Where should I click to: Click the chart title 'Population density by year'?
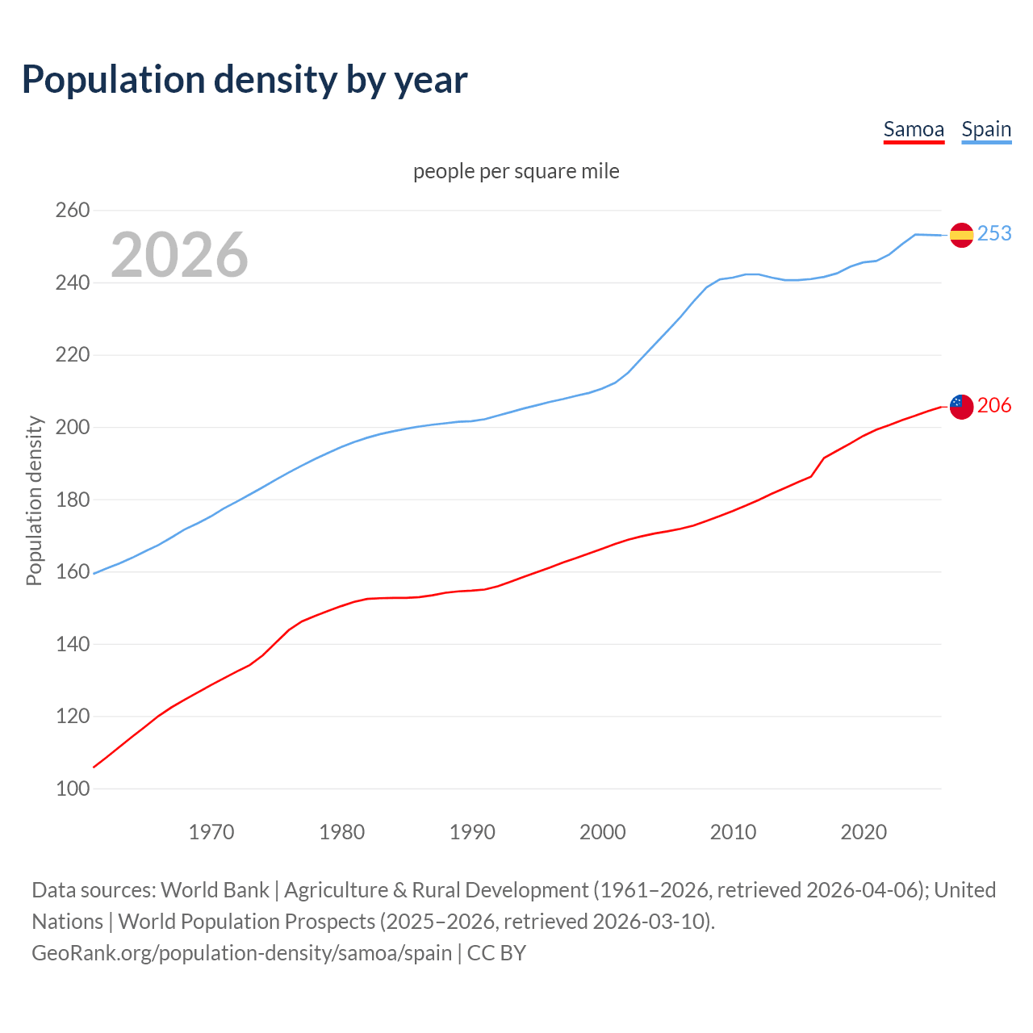click(x=245, y=79)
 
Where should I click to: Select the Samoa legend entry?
click(x=914, y=129)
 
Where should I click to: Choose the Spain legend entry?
click(x=986, y=129)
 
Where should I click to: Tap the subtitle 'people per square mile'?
click(x=516, y=171)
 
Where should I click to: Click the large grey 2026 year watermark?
click(x=179, y=255)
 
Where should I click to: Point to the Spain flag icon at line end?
click(x=961, y=235)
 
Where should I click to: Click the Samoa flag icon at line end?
click(x=961, y=407)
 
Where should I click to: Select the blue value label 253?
click(x=994, y=233)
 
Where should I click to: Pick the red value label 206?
click(x=994, y=405)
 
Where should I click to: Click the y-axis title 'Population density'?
click(x=34, y=500)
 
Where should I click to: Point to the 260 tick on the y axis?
click(x=73, y=211)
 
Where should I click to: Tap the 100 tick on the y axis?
click(x=73, y=788)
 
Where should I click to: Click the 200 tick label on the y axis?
click(x=73, y=427)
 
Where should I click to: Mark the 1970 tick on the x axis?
click(x=211, y=832)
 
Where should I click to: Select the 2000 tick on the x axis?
click(x=603, y=832)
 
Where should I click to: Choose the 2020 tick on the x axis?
click(x=864, y=832)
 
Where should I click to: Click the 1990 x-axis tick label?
click(x=472, y=832)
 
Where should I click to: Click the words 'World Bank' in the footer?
click(x=215, y=890)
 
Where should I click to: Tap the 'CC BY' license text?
click(x=496, y=953)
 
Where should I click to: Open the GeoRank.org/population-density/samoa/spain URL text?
click(x=241, y=953)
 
